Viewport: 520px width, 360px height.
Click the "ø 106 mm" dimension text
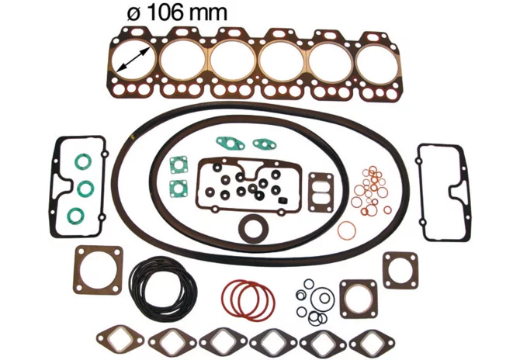[178, 13]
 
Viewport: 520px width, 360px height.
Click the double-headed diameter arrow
[133, 59]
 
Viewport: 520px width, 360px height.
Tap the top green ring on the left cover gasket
[83, 162]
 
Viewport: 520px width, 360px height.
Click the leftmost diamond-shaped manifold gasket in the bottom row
[120, 339]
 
